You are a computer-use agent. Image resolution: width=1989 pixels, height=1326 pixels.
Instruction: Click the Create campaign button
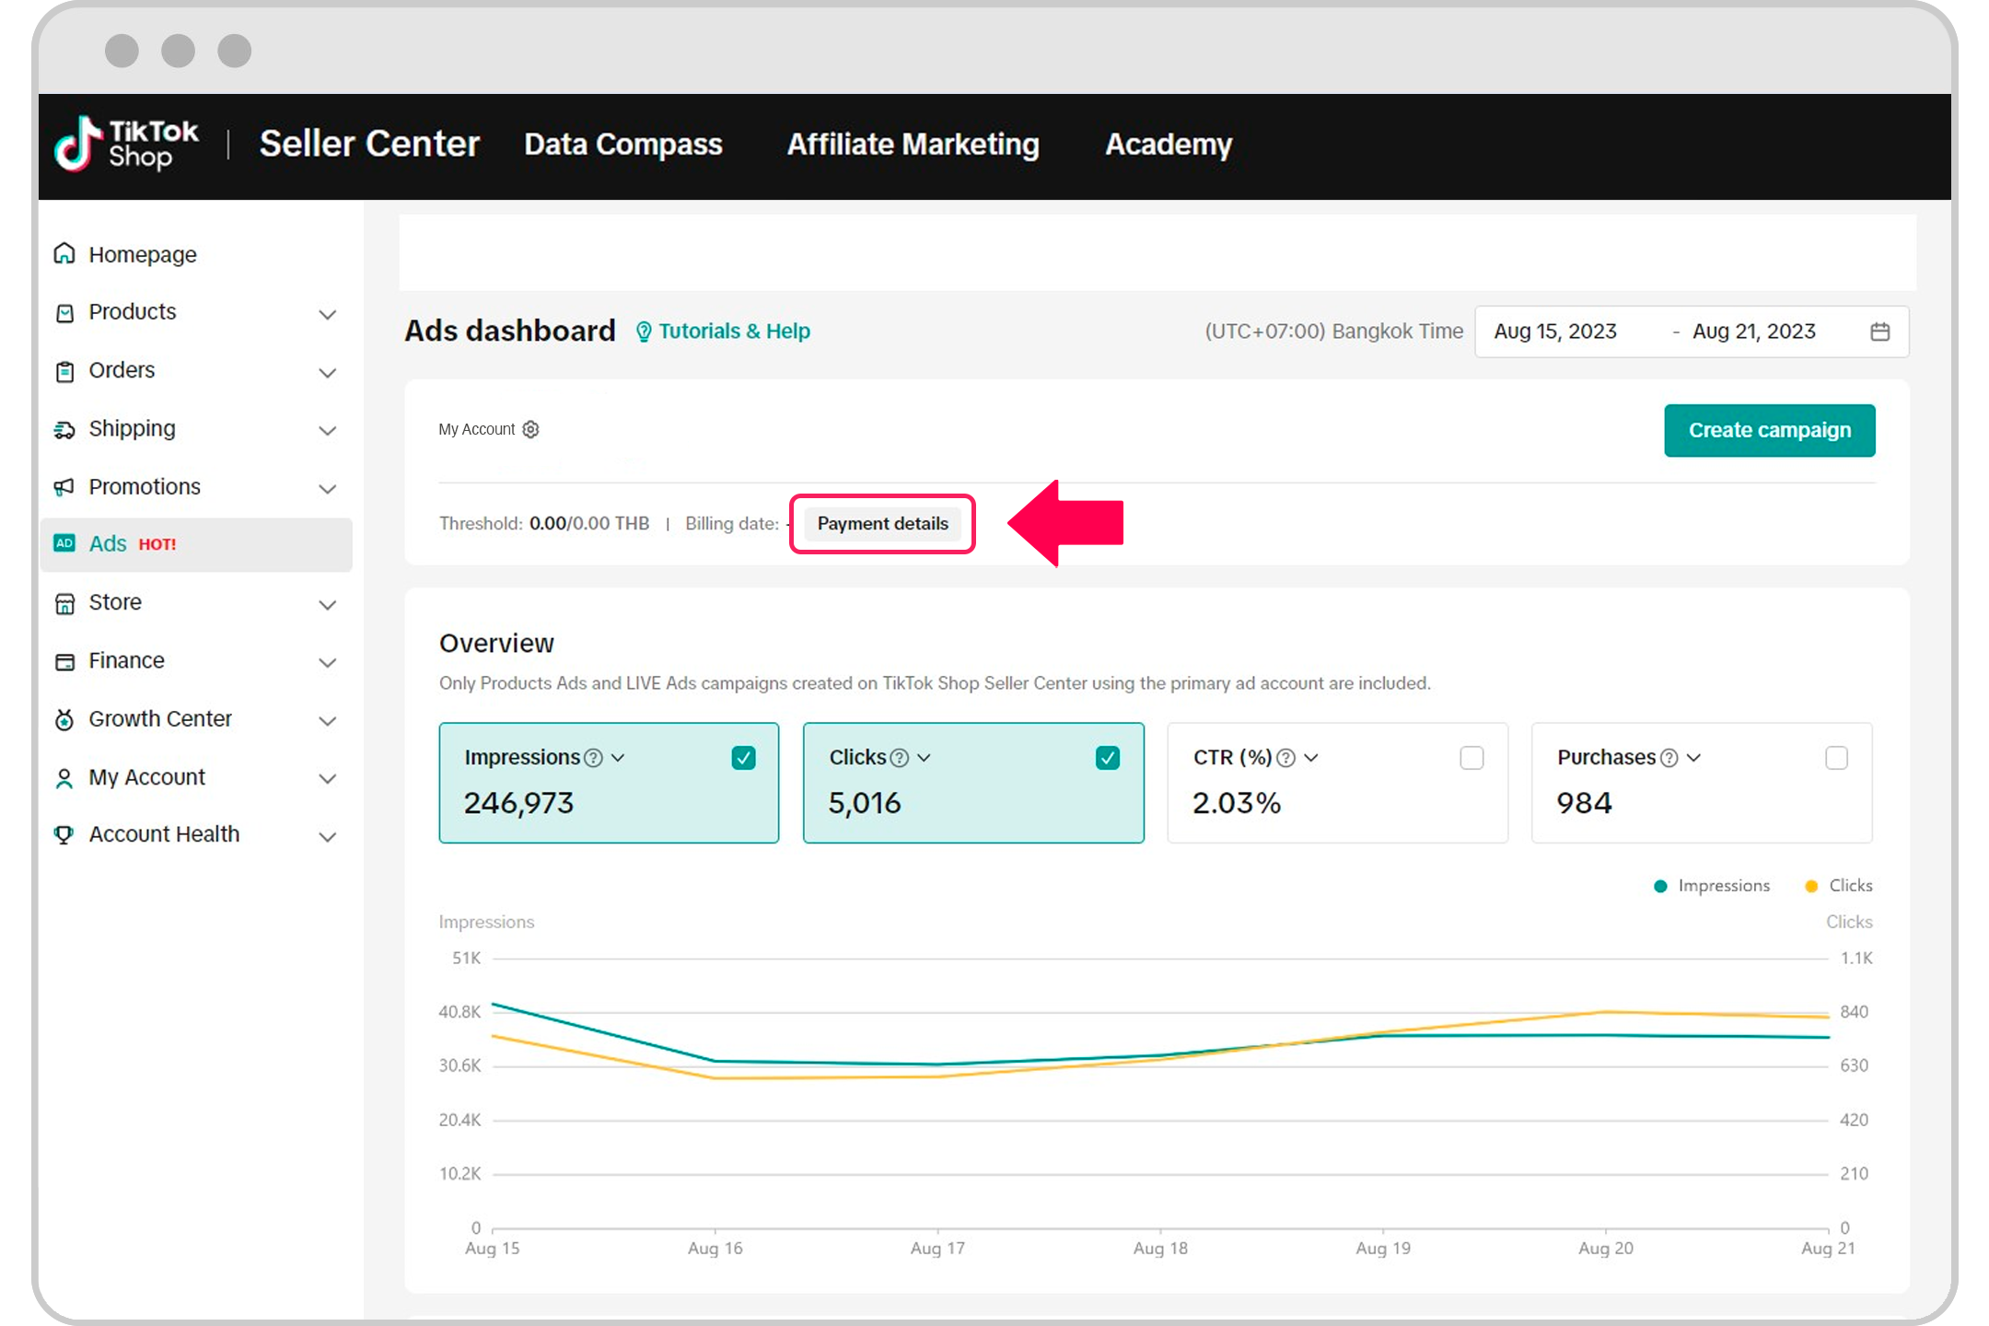(1769, 430)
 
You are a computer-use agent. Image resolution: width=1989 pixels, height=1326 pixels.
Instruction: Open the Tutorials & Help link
(733, 331)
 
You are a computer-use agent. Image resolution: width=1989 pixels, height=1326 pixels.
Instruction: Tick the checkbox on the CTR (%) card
(1471, 758)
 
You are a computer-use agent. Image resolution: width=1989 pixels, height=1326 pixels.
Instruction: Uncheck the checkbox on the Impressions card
(743, 758)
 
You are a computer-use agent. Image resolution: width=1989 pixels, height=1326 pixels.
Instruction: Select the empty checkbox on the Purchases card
(1836, 758)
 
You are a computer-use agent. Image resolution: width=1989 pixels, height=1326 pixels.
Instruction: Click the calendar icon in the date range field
(1880, 331)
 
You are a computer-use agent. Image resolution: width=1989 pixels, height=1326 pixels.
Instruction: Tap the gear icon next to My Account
(530, 429)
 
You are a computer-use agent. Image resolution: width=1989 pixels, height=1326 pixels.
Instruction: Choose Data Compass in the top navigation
(622, 145)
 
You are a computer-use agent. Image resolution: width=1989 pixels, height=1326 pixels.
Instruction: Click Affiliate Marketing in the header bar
(913, 145)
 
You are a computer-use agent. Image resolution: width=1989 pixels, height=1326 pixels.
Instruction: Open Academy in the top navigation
(1168, 145)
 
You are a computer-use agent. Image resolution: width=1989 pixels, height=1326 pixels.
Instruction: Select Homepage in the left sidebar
(142, 254)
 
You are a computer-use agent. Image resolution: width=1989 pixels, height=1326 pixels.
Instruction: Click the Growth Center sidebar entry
(159, 719)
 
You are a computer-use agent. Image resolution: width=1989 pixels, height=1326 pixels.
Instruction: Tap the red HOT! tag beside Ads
(157, 544)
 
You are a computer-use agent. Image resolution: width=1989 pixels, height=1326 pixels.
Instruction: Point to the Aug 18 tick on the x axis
(1160, 1248)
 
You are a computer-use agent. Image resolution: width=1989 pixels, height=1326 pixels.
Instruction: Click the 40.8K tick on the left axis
(459, 1012)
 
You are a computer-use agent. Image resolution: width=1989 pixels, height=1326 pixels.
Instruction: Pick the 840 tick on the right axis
(1854, 1012)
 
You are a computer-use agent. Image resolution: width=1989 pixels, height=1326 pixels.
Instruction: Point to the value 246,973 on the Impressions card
(518, 803)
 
